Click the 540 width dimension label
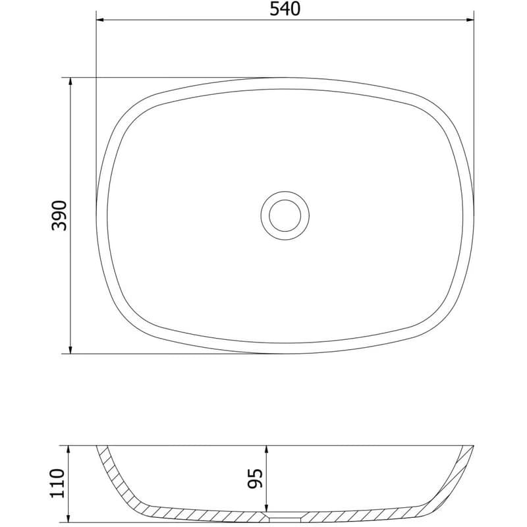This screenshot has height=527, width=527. coord(285,9)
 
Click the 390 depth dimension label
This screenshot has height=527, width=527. coord(59,215)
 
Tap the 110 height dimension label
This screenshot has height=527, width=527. coord(57,484)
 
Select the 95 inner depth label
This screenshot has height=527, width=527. coord(255,479)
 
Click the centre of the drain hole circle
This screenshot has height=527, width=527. coord(285,216)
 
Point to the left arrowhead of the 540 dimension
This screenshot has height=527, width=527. coord(100,20)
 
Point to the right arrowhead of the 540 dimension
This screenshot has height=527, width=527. coord(470,20)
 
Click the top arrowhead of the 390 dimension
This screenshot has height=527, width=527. coord(70,81)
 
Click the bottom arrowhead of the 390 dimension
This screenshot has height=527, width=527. coord(70,350)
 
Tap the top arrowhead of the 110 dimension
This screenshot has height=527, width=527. coord(69,449)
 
